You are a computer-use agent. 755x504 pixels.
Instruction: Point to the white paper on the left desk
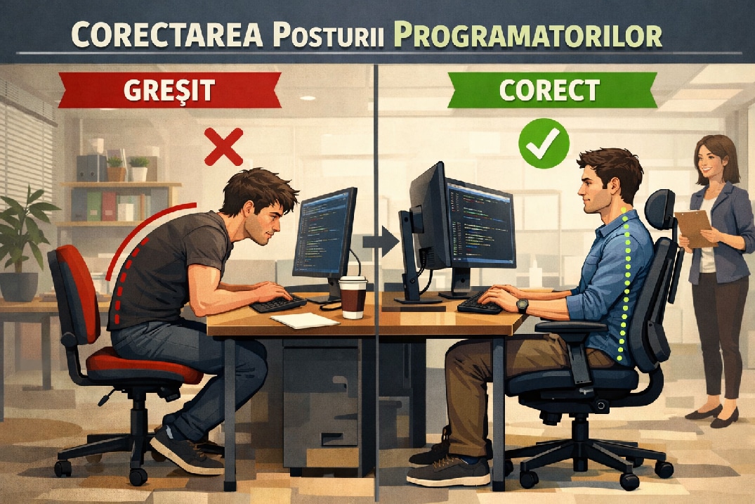pyautogui.click(x=304, y=320)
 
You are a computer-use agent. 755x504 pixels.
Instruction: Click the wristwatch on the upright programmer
pyautogui.click(x=522, y=306)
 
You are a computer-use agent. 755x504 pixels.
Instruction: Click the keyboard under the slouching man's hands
pyautogui.click(x=278, y=304)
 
